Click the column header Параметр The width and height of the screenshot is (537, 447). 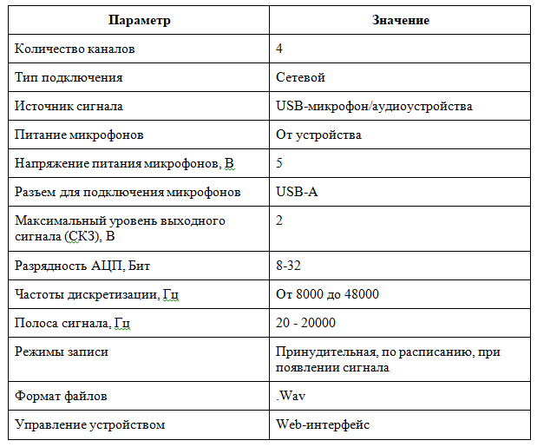coord(140,20)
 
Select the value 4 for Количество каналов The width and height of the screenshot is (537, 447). coord(279,49)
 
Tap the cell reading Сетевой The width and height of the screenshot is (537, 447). coord(300,77)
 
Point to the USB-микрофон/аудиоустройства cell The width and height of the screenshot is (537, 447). coord(374,106)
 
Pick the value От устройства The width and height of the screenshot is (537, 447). coord(318,135)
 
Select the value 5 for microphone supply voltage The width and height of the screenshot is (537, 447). coord(279,163)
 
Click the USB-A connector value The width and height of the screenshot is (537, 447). coord(297,192)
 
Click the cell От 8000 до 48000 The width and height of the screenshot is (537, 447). coord(327,294)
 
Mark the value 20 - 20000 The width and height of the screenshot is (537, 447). coord(305,323)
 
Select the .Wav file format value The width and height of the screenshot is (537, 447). coord(291,396)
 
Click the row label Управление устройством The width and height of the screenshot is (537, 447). coord(90,424)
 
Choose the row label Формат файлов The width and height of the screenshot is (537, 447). coord(61,396)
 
